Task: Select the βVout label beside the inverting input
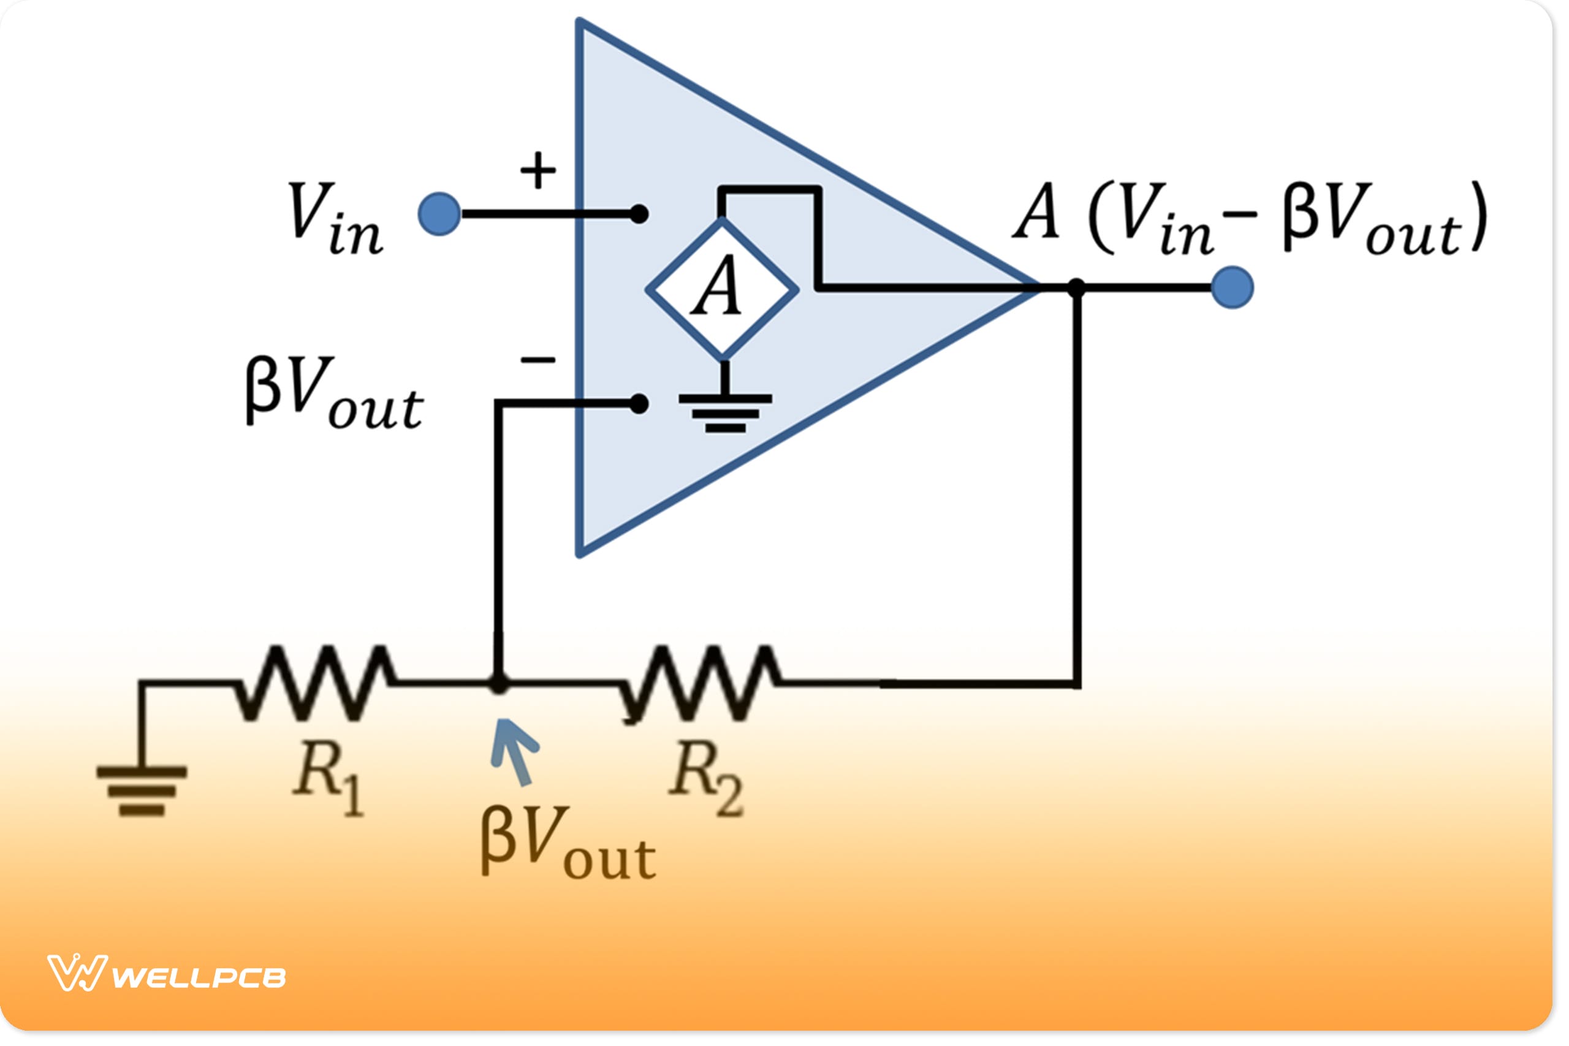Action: click(333, 393)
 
